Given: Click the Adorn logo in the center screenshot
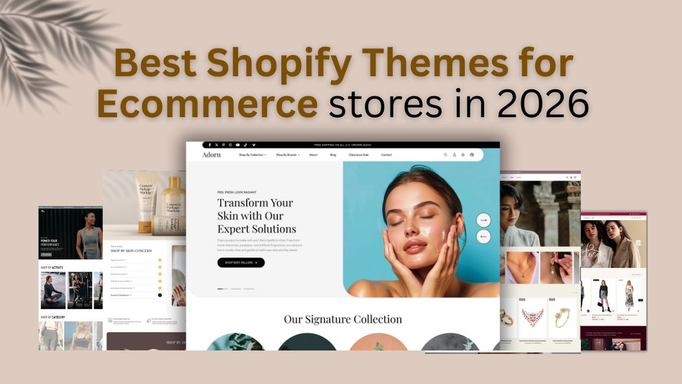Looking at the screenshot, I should click(211, 154).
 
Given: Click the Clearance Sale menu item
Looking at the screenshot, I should click(359, 154).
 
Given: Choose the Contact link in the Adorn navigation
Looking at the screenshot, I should click(386, 154).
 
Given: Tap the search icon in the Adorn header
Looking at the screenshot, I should click(445, 154).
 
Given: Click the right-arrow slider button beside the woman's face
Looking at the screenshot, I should click(484, 220).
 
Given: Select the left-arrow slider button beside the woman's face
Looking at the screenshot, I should click(484, 236).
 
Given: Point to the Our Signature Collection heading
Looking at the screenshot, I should click(342, 319).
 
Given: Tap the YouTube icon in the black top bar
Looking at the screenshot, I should click(237, 145).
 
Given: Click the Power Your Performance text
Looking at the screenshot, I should click(51, 241).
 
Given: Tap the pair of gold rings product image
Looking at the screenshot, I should click(507, 318).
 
